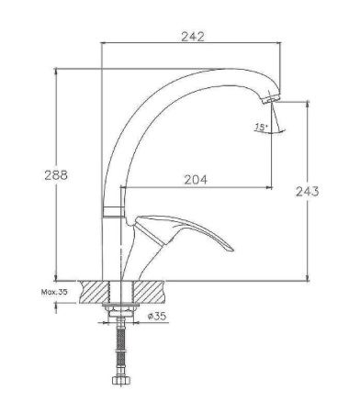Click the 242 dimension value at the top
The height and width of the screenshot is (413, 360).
[x=191, y=37]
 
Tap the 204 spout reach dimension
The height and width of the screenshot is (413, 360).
[x=194, y=181]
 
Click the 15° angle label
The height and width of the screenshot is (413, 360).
[x=263, y=128]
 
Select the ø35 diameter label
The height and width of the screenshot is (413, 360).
[x=157, y=317]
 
